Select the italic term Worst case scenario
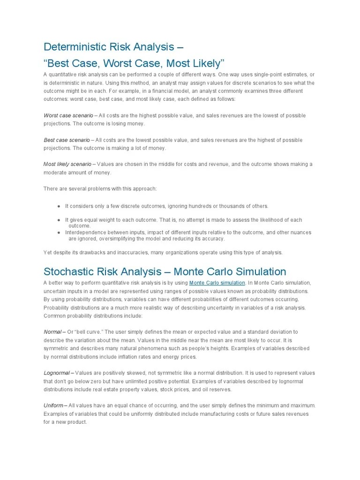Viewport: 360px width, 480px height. tap(68, 115)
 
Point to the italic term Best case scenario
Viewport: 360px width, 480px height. tap(67, 140)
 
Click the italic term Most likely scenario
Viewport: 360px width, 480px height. tap(67, 165)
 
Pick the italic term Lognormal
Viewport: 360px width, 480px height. tap(57, 373)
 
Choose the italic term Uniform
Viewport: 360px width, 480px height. tap(54, 405)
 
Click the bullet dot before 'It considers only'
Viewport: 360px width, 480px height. tap(59, 206)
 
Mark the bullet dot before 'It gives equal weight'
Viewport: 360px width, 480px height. tap(59, 220)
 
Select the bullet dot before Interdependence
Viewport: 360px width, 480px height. tap(59, 232)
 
